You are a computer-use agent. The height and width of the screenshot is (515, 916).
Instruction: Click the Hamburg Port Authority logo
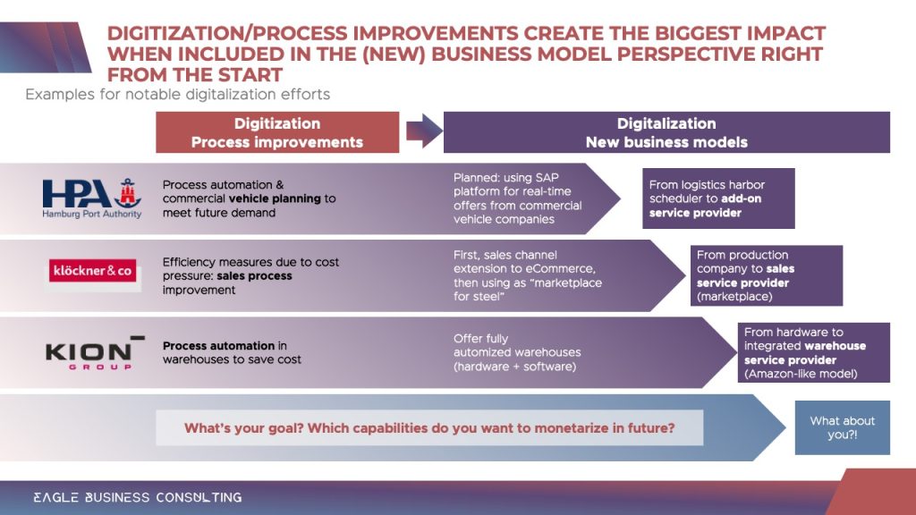point(92,198)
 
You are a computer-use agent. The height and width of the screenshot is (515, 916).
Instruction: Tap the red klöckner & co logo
point(92,270)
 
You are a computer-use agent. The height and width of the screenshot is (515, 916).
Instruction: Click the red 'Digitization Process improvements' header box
point(277,132)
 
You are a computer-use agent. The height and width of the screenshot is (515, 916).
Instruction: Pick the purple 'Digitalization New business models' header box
point(666,132)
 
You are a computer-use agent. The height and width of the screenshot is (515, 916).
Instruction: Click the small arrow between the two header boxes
point(424,131)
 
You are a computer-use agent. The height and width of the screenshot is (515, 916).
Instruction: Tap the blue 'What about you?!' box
point(843,427)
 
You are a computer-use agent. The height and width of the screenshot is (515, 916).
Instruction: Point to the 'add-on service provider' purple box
point(718,198)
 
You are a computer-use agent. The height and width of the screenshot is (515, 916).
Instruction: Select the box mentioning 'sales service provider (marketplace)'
point(767,275)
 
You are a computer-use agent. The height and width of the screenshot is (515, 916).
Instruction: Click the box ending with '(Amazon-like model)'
point(814,352)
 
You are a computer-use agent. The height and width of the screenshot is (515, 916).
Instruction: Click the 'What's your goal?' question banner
point(429,428)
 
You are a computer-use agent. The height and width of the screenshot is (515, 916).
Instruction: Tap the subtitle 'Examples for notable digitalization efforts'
point(178,95)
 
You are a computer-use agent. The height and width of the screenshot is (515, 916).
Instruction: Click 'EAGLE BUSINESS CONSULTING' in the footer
point(137,497)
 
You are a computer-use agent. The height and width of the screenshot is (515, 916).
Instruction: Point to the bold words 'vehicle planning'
point(275,198)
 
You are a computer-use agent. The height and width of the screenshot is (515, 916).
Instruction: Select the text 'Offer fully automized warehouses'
point(517,346)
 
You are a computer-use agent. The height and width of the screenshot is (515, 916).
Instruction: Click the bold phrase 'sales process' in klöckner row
point(254,275)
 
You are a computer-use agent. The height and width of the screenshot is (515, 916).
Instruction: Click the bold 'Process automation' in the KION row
point(218,346)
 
